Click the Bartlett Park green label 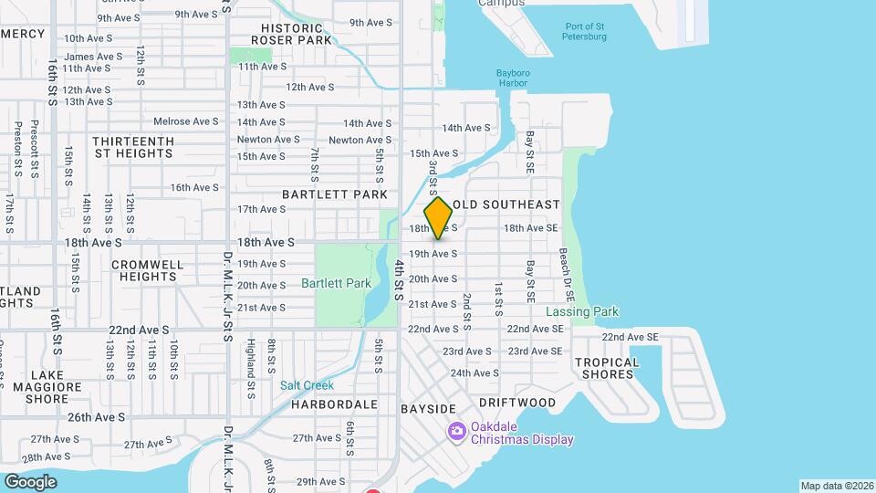click(x=336, y=283)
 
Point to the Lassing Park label click(x=582, y=312)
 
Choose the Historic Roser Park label click(x=297, y=35)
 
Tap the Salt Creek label click(x=308, y=386)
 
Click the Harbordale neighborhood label click(x=336, y=404)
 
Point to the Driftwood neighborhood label click(x=516, y=403)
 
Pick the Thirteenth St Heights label click(x=133, y=147)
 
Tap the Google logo click(x=30, y=481)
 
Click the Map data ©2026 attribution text click(x=836, y=486)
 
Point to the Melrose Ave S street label click(x=185, y=121)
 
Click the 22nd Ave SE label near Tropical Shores click(x=630, y=337)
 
